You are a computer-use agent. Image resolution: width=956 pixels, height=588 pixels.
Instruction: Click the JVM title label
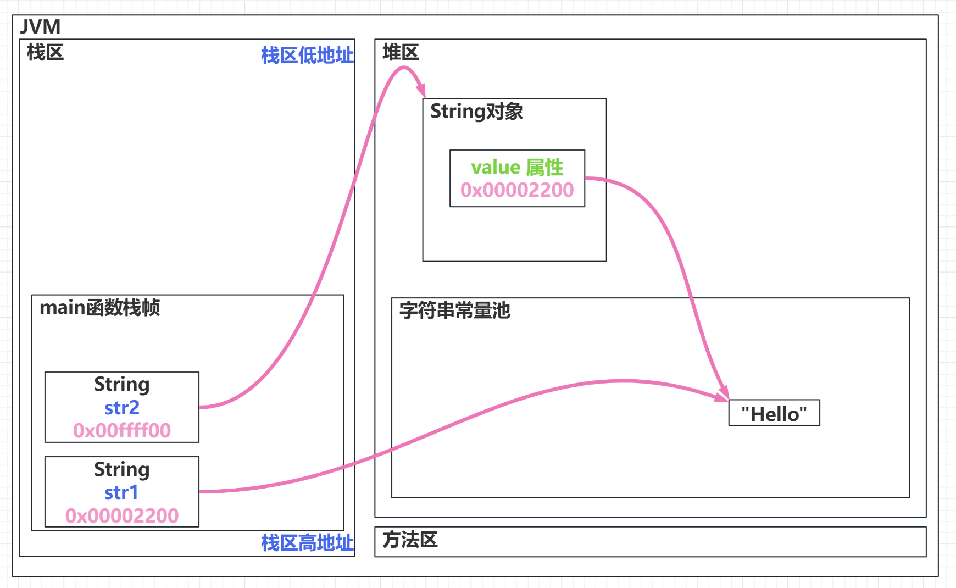point(40,27)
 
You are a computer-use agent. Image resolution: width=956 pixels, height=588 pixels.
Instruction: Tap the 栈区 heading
point(45,53)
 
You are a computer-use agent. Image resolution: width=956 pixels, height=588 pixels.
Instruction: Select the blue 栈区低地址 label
point(307,56)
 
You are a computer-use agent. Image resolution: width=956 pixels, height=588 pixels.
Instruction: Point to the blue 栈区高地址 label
point(307,543)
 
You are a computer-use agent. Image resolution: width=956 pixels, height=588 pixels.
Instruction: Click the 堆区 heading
point(401,53)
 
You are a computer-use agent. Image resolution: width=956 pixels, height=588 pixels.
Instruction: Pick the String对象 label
point(476,112)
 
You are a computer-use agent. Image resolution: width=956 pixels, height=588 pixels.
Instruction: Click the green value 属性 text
point(517,167)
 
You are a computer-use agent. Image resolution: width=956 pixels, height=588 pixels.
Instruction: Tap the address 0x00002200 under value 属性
point(517,190)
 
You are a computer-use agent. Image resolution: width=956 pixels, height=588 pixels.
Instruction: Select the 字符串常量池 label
point(454,311)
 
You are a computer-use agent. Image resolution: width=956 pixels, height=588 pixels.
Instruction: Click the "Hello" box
point(774,413)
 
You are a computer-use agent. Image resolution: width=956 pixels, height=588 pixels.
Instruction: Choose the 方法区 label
point(410,540)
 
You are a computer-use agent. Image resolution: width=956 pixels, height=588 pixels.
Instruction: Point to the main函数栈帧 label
point(99,308)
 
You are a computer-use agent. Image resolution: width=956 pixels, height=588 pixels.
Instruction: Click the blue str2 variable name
point(122,408)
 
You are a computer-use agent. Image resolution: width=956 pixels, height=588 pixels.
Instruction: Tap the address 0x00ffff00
point(122,431)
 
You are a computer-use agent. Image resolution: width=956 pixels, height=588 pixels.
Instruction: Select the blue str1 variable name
point(121,493)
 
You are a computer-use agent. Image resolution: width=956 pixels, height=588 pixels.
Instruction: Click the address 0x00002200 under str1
point(122,516)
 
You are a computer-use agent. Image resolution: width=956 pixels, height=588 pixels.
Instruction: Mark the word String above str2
point(122,384)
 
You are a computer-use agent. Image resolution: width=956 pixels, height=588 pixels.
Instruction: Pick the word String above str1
point(122,469)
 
